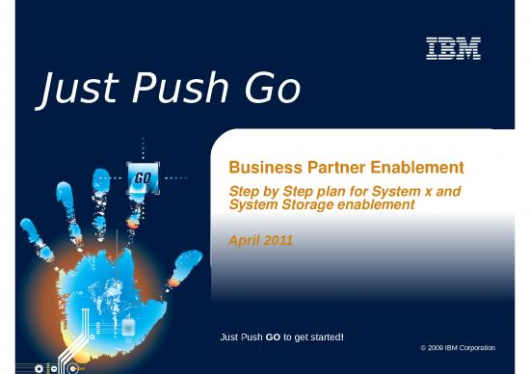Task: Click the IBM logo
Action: coord(452,48)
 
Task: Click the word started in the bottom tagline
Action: coord(324,335)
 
